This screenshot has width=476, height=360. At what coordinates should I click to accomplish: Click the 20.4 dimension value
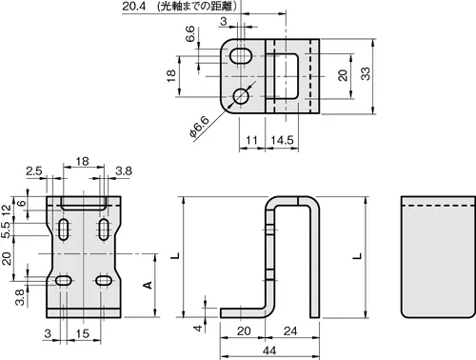(133, 7)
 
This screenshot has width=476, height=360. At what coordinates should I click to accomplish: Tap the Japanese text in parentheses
(197, 7)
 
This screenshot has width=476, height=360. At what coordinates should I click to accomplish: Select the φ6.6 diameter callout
(200, 127)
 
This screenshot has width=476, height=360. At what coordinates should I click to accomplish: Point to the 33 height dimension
(366, 73)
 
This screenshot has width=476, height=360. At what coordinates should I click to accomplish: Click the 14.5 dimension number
(282, 140)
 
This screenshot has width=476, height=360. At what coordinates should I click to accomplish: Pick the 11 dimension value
(251, 140)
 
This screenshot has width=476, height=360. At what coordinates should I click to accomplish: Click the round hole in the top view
(241, 96)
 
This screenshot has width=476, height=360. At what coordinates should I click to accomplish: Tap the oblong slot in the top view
(241, 56)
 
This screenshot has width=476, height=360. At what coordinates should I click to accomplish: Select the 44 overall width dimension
(269, 350)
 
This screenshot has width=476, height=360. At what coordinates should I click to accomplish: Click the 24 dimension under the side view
(290, 331)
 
